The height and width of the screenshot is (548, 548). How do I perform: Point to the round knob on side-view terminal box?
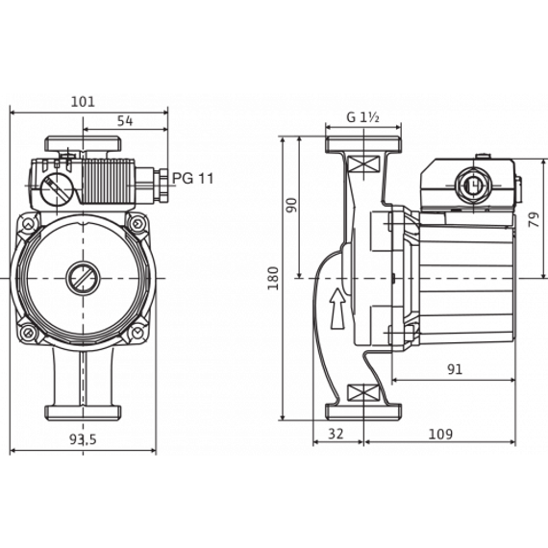coord(470,183)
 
